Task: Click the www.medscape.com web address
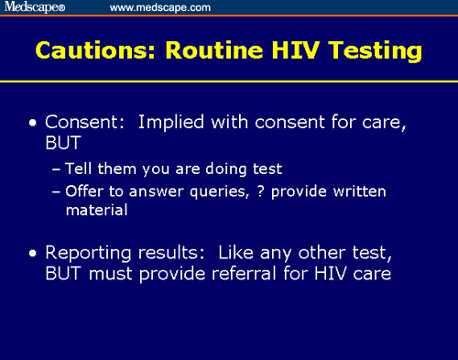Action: [159, 7]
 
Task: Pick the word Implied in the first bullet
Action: [170, 124]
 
